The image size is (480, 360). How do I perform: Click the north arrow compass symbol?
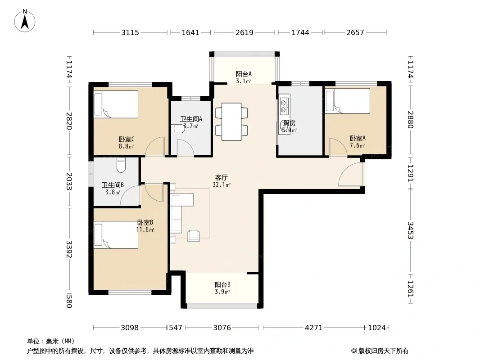click(25, 21)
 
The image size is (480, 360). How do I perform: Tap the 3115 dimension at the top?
click(130, 32)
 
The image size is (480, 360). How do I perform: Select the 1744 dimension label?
click(300, 32)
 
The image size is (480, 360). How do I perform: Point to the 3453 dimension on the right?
click(411, 230)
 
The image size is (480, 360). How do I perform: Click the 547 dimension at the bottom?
click(176, 328)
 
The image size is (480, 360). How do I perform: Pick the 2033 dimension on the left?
click(69, 181)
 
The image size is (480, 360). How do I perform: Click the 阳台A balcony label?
click(244, 74)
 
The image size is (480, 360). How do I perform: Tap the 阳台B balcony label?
click(222, 284)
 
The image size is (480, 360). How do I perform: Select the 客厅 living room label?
click(222, 177)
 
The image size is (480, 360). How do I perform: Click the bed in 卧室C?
click(116, 104)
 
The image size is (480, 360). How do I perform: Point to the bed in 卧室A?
click(348, 101)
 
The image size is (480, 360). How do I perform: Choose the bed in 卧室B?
click(116, 235)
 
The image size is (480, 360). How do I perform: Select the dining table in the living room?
click(231, 122)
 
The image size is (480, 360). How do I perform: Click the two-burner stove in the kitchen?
click(284, 106)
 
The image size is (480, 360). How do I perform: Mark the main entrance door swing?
click(350, 174)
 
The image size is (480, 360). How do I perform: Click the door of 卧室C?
click(155, 146)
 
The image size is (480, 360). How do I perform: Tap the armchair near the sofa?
click(194, 235)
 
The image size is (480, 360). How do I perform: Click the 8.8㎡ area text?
click(127, 146)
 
